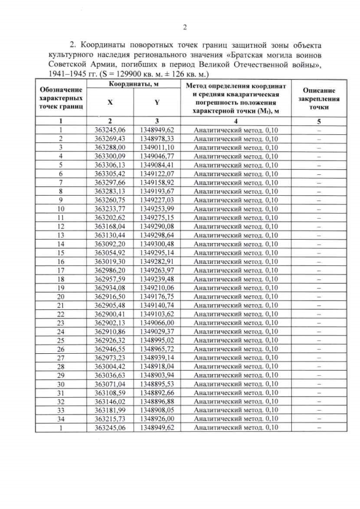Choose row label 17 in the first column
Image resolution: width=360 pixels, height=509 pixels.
[60, 271]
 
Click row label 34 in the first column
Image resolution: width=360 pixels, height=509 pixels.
[60, 419]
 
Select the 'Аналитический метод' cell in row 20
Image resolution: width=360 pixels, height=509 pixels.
[236, 296]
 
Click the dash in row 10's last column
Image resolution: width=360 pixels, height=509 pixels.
[319, 209]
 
